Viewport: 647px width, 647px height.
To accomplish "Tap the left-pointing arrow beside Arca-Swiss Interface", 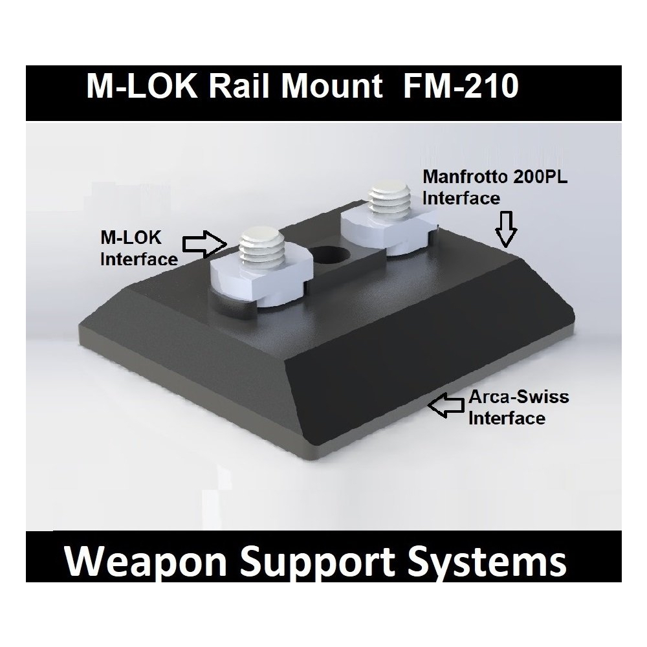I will pyautogui.click(x=446, y=406).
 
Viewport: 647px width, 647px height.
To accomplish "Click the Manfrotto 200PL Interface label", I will pyautogui.click(x=494, y=187).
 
